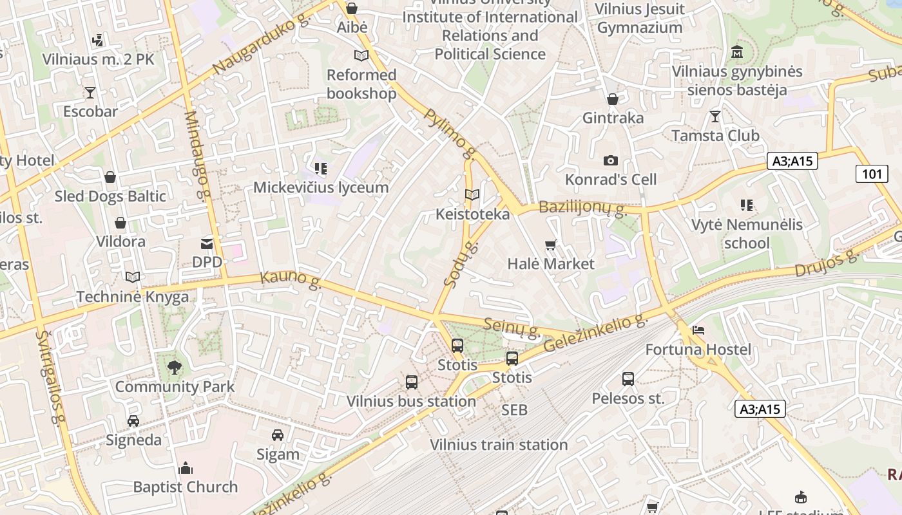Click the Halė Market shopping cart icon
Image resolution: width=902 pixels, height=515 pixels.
pyautogui.click(x=550, y=245)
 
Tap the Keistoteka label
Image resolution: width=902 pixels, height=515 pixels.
pyautogui.click(x=472, y=214)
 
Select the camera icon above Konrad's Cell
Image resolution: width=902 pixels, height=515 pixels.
pyautogui.click(x=610, y=160)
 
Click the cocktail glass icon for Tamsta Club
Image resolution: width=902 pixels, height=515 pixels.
pyautogui.click(x=715, y=117)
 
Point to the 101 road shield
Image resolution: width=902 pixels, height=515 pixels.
pyautogui.click(x=872, y=173)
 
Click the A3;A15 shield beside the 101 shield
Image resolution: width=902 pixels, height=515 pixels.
pyautogui.click(x=792, y=161)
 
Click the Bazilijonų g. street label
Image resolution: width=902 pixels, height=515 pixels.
pyautogui.click(x=582, y=208)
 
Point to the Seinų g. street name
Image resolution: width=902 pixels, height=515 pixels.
pyautogui.click(x=512, y=327)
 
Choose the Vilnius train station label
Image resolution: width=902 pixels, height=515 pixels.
pyautogui.click(x=499, y=444)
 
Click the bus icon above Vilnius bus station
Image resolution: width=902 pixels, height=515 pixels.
pyautogui.click(x=412, y=382)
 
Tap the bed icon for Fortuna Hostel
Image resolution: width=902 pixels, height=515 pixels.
pyautogui.click(x=698, y=330)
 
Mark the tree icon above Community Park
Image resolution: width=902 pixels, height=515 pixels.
pyautogui.click(x=174, y=368)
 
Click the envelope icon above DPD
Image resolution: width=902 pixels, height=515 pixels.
pyautogui.click(x=207, y=243)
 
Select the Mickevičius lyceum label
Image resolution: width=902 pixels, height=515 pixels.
pyautogui.click(x=321, y=187)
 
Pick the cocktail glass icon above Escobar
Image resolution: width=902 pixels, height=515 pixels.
pyautogui.click(x=90, y=93)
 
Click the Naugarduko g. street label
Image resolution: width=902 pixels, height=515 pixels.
pyautogui.click(x=261, y=45)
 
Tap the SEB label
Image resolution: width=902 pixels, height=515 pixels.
pyautogui.click(x=514, y=410)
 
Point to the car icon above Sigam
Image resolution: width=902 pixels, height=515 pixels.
pyautogui.click(x=278, y=435)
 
